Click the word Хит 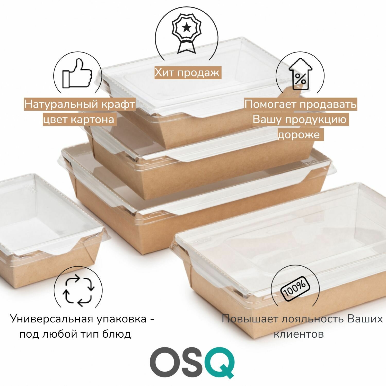[x=165, y=73]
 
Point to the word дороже [x=299, y=135]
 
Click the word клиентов [x=299, y=334]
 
